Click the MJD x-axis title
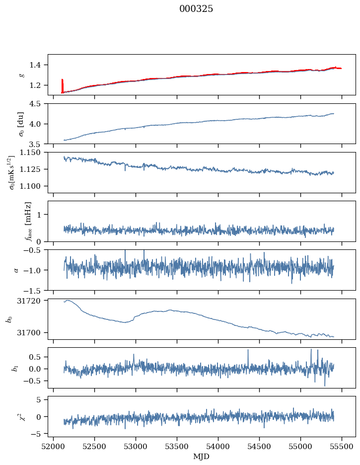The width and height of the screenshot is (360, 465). point(201,457)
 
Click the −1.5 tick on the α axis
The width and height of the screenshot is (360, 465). point(35,290)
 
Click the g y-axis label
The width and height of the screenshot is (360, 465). point(21,75)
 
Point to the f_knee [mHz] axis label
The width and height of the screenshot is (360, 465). point(28,221)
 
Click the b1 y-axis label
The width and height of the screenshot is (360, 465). point(14,368)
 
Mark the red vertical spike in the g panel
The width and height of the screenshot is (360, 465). point(62,85)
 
